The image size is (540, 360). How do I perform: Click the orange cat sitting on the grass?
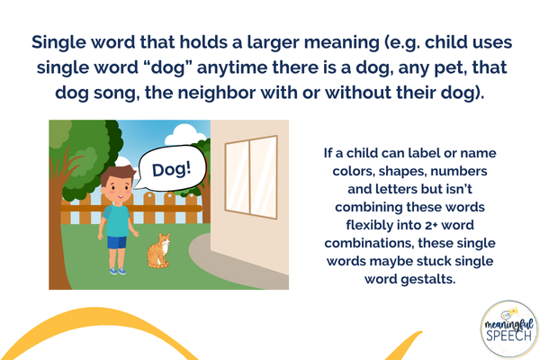(158, 251)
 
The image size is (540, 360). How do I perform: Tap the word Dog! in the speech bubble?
(172, 169)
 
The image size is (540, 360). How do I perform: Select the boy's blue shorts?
(117, 242)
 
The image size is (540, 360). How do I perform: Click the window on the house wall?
(251, 177)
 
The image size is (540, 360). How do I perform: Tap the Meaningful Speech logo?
(509, 329)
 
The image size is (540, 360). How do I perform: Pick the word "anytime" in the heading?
(232, 67)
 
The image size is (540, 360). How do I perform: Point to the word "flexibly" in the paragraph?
(368, 225)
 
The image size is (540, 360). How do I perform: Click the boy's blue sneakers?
(117, 271)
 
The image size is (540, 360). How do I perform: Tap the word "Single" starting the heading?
(58, 42)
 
